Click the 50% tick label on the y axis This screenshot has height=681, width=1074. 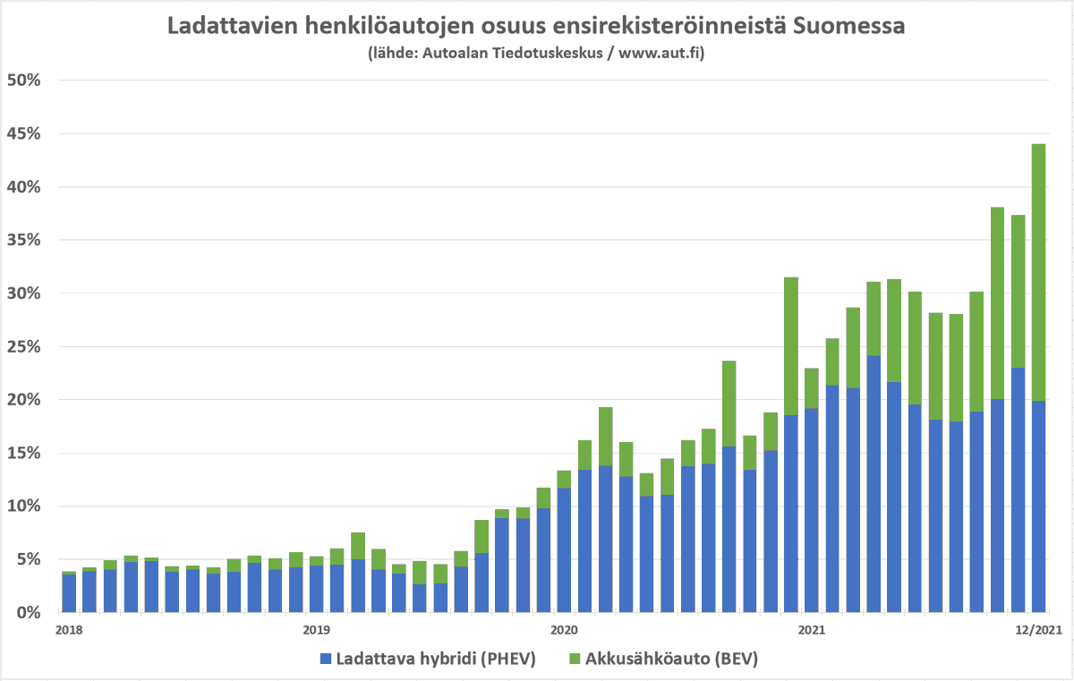pyautogui.click(x=24, y=81)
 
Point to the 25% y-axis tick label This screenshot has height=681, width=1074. pyautogui.click(x=24, y=346)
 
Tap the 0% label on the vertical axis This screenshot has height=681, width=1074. pyautogui.click(x=29, y=612)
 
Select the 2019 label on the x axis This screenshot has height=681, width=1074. pyautogui.click(x=317, y=630)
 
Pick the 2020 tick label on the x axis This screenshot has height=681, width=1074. pyautogui.click(x=564, y=630)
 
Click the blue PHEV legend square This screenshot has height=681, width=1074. pyautogui.click(x=326, y=660)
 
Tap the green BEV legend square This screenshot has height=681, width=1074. pyautogui.click(x=575, y=660)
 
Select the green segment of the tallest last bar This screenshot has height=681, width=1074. pyautogui.click(x=1038, y=268)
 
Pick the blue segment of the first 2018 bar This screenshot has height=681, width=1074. pyautogui.click(x=69, y=593)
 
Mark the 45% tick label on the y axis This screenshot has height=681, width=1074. pyautogui.click(x=24, y=134)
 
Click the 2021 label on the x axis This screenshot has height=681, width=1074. pyautogui.click(x=811, y=630)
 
